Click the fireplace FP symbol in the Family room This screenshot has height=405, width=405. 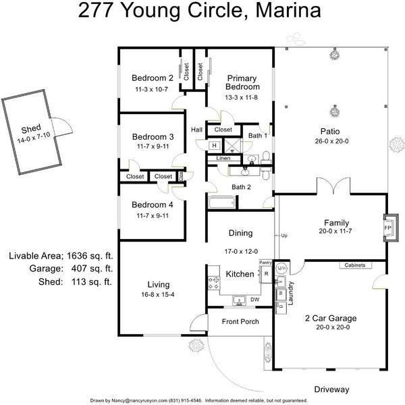tap(391, 228)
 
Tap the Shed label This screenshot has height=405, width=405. tap(31, 129)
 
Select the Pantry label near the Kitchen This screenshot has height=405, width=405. tap(265, 263)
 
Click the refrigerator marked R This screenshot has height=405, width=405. tap(267, 274)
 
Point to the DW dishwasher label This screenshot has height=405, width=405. tap(255, 300)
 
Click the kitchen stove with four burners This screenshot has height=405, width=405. tap(214, 283)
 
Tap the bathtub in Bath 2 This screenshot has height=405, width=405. tap(222, 202)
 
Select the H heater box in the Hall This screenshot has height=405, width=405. tap(215, 145)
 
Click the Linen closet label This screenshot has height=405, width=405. tap(223, 158)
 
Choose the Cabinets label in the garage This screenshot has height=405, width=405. tap(355, 265)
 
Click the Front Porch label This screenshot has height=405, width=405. tap(240, 321)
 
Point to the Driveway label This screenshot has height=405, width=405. tap(331, 389)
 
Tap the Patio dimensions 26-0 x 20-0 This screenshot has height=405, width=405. tap(331, 141)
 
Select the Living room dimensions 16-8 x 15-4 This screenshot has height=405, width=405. tap(158, 294)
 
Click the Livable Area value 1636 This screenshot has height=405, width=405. tap(77, 256)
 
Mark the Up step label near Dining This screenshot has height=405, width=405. tap(284, 236)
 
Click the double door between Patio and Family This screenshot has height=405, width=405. tap(333, 186)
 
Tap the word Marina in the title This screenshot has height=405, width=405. tap(288, 10)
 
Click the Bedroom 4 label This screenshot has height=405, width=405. tap(152, 205)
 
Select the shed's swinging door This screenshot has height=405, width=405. tap(62, 127)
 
